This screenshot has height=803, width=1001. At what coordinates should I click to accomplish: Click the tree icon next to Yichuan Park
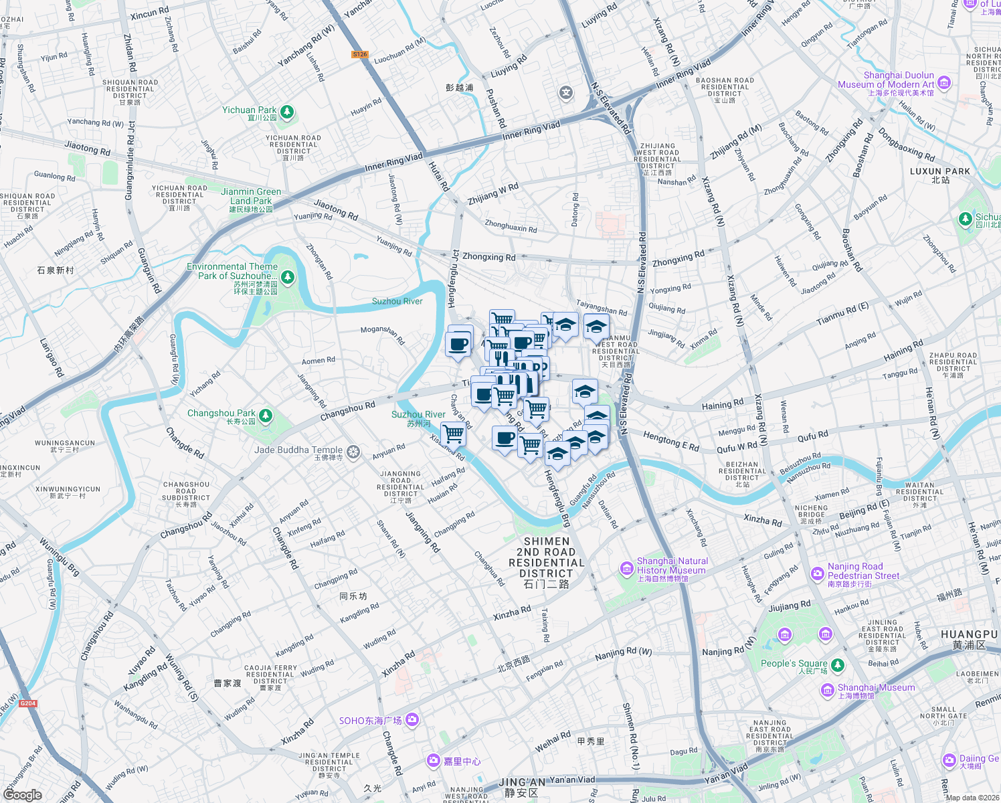tap(287, 112)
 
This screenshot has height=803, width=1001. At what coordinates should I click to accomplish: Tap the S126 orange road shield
tap(360, 54)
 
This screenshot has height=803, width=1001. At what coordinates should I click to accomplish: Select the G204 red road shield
tap(27, 703)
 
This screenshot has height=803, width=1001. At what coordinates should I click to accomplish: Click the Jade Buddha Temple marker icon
tap(353, 452)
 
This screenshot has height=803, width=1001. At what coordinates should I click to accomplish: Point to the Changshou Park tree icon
tap(266, 416)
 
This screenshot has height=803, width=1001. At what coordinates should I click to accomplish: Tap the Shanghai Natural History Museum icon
tap(627, 569)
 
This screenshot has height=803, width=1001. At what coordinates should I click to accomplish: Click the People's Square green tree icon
tap(837, 665)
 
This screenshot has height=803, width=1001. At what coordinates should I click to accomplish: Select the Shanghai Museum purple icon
tap(828, 690)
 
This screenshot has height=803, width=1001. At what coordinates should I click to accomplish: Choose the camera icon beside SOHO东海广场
tap(412, 720)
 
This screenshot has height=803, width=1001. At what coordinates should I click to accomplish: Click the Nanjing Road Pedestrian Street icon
tap(817, 573)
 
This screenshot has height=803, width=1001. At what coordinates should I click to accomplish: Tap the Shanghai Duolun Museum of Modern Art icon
tap(944, 82)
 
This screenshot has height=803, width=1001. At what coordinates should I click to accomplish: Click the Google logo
tap(22, 794)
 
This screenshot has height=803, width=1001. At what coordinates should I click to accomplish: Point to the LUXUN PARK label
tap(939, 171)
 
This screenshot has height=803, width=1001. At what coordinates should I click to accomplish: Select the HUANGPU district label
tap(969, 634)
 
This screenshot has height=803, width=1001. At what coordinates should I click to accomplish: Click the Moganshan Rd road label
tap(383, 333)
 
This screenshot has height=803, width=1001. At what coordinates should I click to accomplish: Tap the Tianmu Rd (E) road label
tap(842, 314)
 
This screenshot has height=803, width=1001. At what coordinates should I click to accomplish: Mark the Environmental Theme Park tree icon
tap(287, 276)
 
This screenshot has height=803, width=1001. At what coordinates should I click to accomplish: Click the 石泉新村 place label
tap(56, 270)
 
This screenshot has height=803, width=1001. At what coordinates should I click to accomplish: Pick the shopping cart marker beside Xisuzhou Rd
tap(454, 434)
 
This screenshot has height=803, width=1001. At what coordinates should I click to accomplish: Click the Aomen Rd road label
tap(318, 361)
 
